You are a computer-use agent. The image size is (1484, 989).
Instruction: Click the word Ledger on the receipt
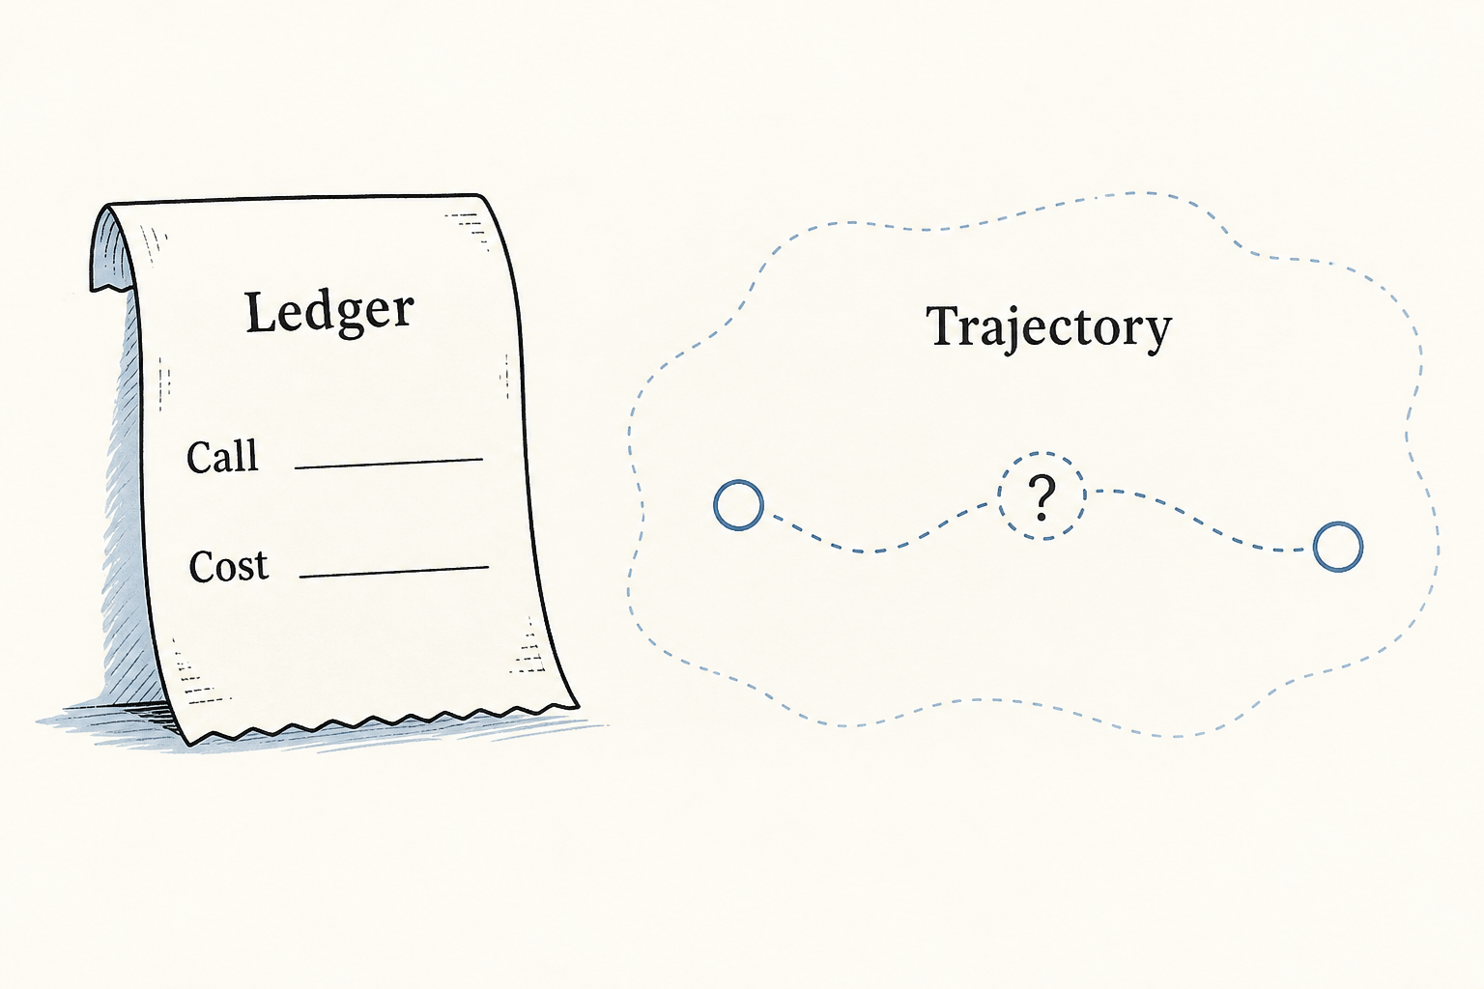329,314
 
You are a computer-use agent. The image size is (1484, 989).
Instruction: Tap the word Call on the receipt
222,456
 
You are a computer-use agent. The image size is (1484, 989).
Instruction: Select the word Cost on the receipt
229,566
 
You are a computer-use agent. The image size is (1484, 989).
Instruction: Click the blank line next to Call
389,463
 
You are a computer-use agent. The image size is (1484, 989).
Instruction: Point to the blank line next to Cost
394,573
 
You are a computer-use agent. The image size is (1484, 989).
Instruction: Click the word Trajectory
1048,328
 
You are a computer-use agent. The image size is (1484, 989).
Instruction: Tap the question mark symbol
1042,498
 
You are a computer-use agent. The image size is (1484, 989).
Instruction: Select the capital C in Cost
201,566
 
